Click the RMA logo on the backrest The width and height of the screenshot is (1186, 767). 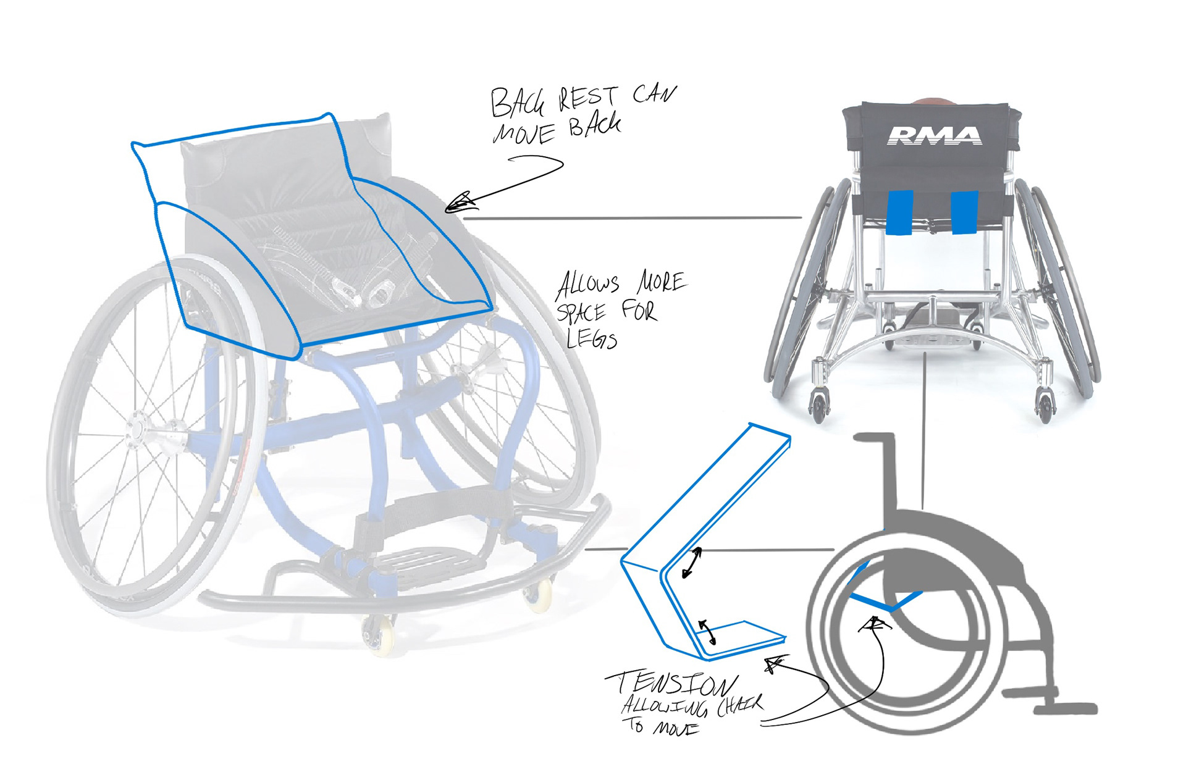pyautogui.click(x=934, y=135)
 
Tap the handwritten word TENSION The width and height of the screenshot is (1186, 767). pyautogui.click(x=672, y=684)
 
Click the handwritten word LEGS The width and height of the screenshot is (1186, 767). pyautogui.click(x=591, y=338)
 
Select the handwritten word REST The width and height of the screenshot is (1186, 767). pyautogui.click(x=587, y=98)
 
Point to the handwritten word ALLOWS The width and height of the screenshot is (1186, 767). pyautogui.click(x=587, y=284)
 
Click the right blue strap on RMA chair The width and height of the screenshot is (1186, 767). pyautogui.click(x=964, y=213)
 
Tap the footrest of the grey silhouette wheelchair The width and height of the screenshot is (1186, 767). pyautogui.click(x=1064, y=708)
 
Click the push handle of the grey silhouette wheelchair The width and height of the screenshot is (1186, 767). pyautogui.click(x=874, y=438)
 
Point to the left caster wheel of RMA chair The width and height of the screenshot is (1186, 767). pyautogui.click(x=819, y=408)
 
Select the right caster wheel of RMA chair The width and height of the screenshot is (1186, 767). pyautogui.click(x=1044, y=408)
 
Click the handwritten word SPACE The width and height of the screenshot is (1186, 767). pyautogui.click(x=581, y=312)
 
